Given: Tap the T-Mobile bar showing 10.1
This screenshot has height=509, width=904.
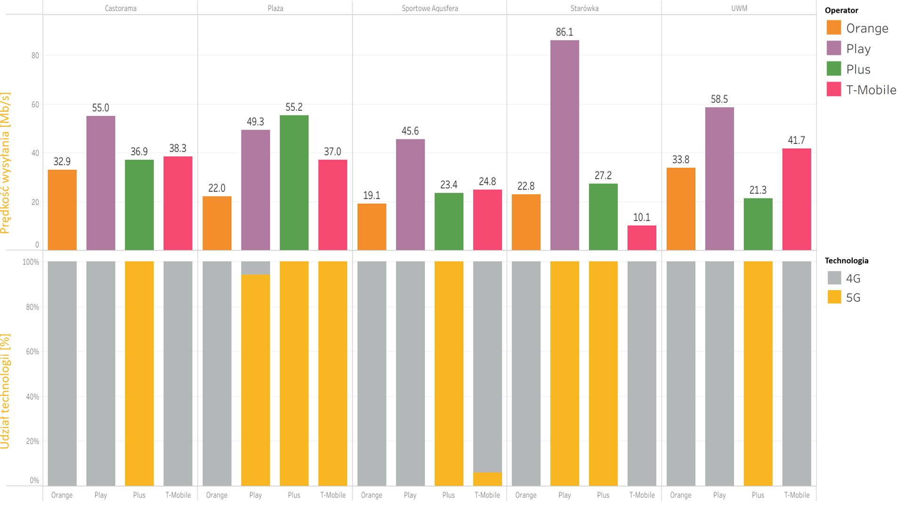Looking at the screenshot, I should click(642, 238).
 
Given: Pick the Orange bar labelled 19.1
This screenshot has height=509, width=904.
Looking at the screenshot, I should click(371, 227).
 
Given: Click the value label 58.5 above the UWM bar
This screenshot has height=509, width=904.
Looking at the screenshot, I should click(719, 99).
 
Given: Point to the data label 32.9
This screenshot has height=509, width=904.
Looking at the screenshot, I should click(62, 162).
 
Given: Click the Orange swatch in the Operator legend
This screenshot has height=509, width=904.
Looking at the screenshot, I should click(834, 28).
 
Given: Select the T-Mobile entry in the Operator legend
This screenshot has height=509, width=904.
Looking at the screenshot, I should click(871, 90).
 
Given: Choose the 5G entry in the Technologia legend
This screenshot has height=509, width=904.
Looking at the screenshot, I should click(853, 297).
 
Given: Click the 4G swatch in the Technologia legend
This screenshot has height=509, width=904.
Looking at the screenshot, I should click(834, 278).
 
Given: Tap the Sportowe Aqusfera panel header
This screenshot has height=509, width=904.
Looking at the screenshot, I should click(429, 8).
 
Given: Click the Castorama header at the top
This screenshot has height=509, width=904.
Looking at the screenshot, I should click(121, 8).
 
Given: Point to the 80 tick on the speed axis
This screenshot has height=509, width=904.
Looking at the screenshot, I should click(35, 56).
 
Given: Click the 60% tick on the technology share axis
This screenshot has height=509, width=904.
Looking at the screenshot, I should click(31, 352).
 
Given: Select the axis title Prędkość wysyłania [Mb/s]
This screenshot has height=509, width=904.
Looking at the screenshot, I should click(6, 163).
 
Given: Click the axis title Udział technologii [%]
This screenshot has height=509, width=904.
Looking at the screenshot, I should click(6, 391).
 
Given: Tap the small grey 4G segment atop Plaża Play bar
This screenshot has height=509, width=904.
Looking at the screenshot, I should click(255, 268).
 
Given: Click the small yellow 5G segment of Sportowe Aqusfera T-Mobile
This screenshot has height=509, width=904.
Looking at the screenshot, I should click(487, 479).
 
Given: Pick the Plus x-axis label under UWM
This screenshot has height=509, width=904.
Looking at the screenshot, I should click(758, 495).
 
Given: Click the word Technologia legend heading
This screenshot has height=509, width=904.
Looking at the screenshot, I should click(846, 261).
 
